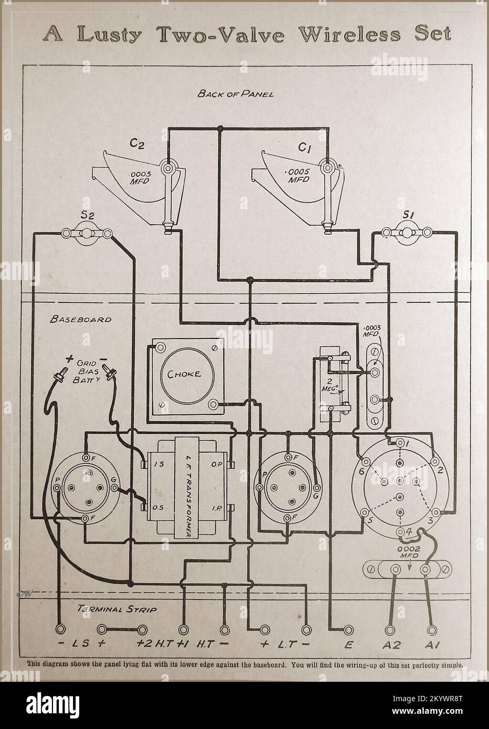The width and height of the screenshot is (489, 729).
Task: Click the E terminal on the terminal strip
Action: point(347,629)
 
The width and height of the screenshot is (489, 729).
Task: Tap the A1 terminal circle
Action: point(431,629)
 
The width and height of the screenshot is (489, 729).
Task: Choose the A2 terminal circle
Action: point(389,629)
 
